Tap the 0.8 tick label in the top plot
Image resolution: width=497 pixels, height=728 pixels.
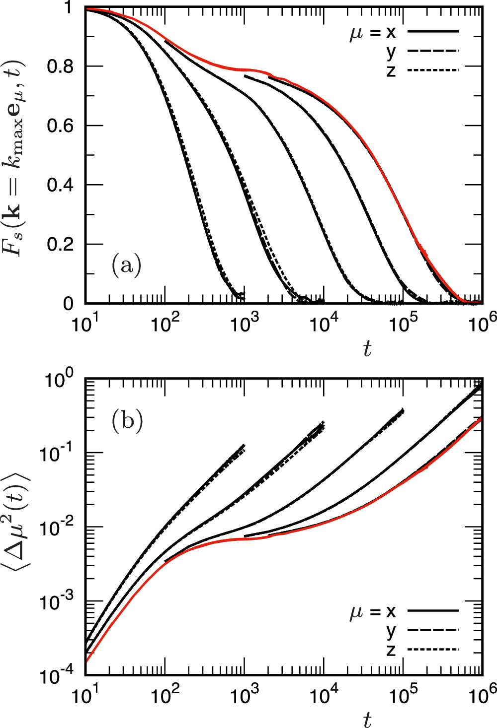coord(60,66)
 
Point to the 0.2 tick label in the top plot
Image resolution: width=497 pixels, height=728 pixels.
coord(60,245)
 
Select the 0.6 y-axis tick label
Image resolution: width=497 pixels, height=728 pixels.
coord(60,126)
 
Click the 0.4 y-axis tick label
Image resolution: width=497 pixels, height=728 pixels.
coord(60,185)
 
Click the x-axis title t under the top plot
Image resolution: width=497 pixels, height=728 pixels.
coord(367,349)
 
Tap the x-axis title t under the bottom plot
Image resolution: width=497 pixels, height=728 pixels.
coord(367,719)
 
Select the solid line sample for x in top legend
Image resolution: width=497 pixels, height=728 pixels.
coord(432,32)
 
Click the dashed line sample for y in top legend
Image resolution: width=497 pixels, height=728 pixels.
coord(432,51)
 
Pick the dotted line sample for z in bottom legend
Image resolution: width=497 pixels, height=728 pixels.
coord(432,650)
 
